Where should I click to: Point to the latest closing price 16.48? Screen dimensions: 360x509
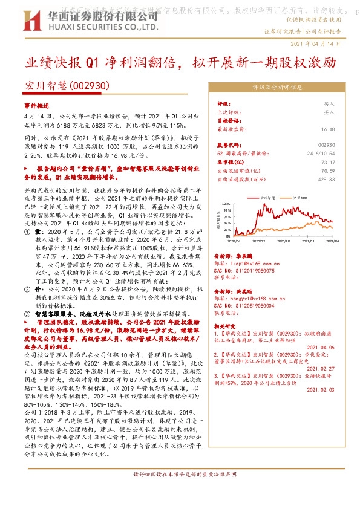tap(328, 129)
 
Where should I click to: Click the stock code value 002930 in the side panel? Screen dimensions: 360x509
tap(326, 145)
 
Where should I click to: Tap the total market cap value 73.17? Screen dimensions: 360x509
tap(328, 162)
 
